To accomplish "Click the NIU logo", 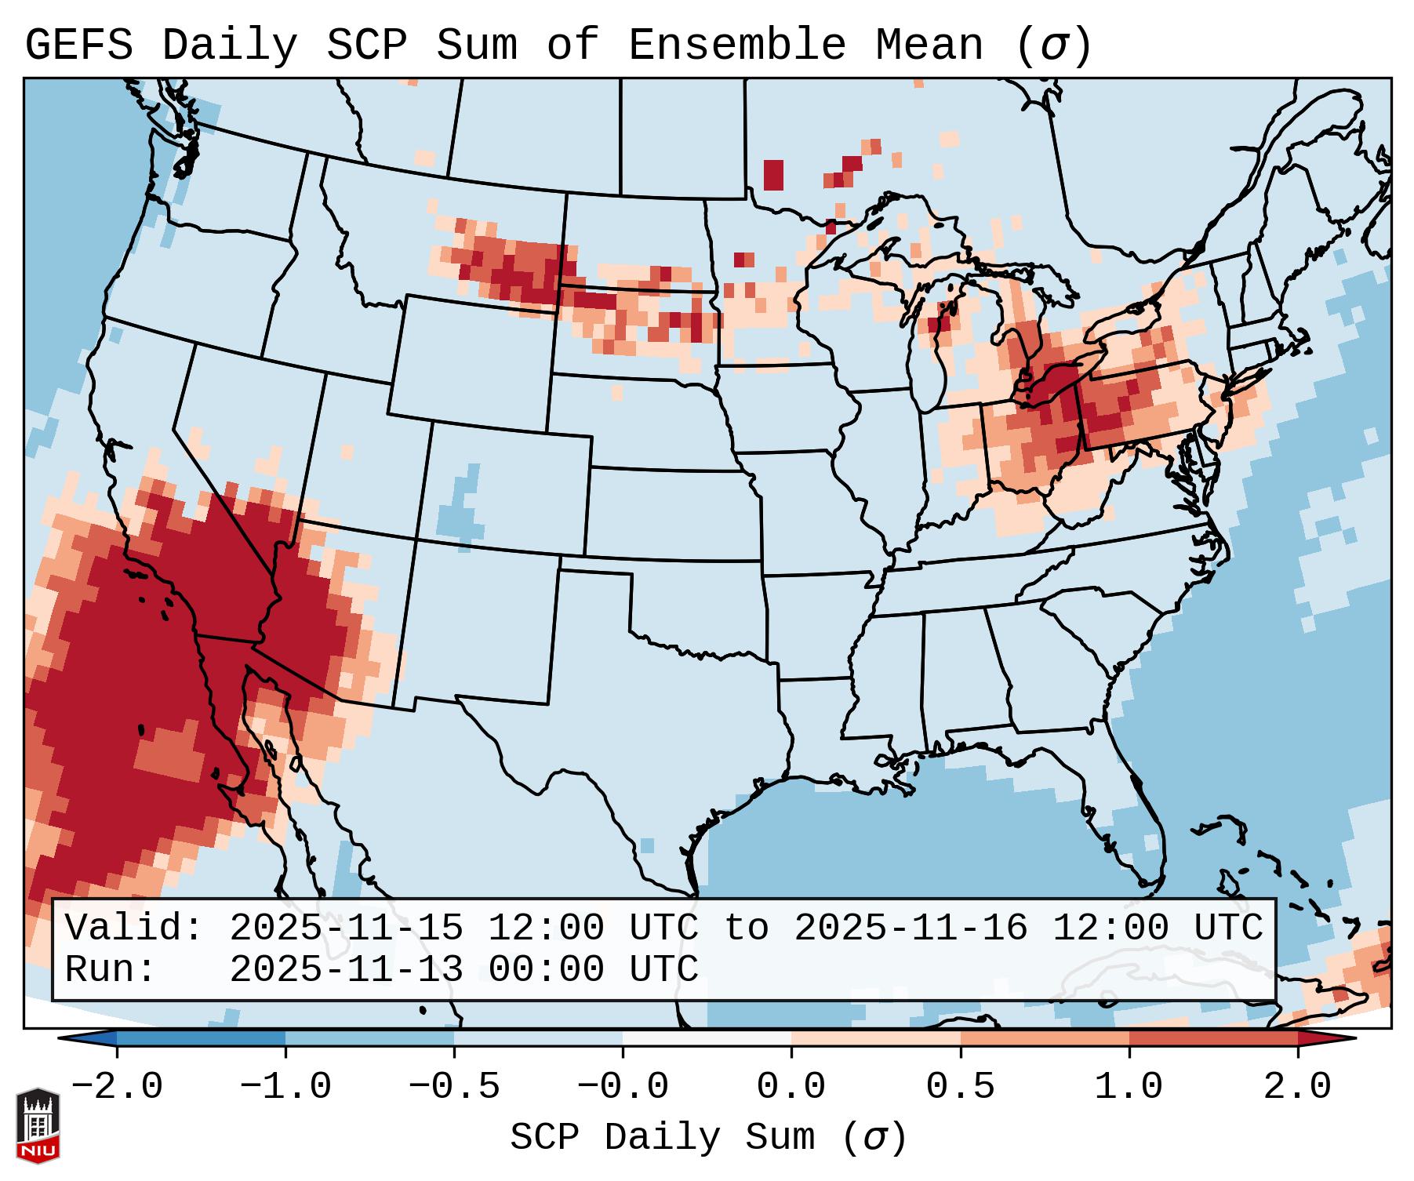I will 38,1125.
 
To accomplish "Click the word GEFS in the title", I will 79,45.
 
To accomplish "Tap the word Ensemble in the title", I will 736,45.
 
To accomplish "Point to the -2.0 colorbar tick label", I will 117,1087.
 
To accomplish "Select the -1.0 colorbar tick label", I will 285,1087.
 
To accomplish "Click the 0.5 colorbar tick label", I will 960,1087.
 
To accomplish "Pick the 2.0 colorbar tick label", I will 1297,1087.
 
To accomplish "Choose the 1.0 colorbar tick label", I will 1129,1087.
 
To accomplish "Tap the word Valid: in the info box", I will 134,928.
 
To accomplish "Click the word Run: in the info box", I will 111,969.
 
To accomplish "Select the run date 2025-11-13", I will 346,969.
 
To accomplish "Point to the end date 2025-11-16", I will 911,928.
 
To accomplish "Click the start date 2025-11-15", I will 346,928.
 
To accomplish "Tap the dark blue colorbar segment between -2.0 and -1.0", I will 201,1039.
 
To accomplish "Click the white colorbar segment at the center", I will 707,1039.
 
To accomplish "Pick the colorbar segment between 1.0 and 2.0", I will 1212,1039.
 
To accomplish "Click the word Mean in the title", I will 929,45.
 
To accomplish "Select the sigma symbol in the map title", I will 1053,45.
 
